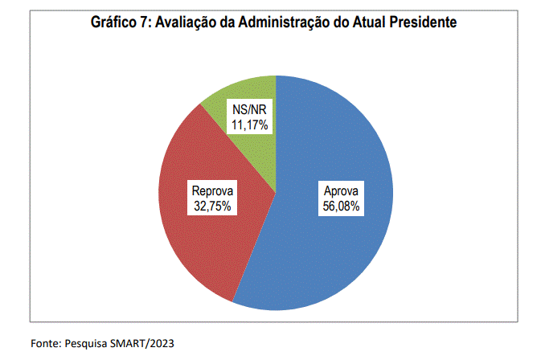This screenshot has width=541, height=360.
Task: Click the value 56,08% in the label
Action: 341,206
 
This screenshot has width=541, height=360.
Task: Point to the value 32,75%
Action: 212,206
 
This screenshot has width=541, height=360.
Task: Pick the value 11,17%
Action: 249,125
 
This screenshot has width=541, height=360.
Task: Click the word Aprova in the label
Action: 341,190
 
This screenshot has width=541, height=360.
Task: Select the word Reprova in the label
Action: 212,190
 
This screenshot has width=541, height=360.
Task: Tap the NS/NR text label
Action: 249,109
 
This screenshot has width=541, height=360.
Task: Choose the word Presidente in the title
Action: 424,22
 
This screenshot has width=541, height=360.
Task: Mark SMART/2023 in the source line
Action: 141,343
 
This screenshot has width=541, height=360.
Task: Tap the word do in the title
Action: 342,22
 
